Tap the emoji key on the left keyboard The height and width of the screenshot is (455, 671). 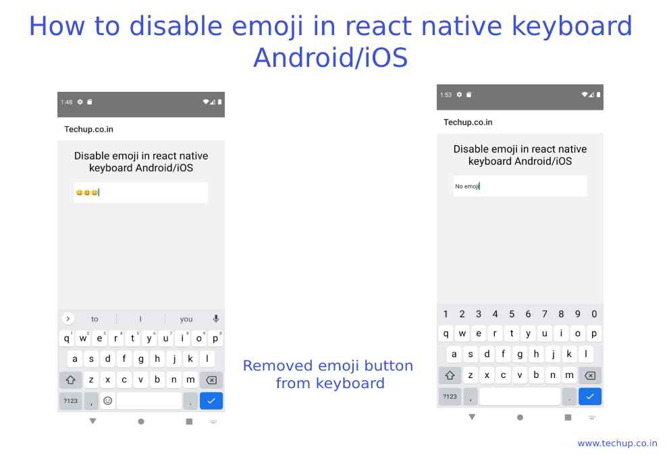(107, 400)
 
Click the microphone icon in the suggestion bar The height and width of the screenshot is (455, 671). (216, 319)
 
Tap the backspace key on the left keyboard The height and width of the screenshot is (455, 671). (211, 380)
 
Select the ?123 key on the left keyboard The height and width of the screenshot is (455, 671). (70, 400)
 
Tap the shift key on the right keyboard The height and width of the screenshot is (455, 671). (450, 375)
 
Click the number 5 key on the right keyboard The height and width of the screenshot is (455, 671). (512, 314)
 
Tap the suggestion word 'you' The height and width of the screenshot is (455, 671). (186, 319)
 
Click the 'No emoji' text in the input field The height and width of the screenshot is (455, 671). (466, 186)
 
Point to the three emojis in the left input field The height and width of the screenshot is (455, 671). (87, 192)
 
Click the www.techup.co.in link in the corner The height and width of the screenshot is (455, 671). (617, 443)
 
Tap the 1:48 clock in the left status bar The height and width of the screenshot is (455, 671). (66, 103)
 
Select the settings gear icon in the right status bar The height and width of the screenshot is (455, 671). (459, 95)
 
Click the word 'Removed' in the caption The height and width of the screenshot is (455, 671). (277, 366)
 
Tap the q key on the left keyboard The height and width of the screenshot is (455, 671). (66, 339)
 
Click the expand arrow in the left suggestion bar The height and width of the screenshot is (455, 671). (68, 319)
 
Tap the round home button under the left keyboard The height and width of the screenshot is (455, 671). (141, 421)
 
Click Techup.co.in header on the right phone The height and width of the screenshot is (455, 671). (468, 122)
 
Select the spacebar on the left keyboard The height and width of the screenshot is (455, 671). (149, 400)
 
